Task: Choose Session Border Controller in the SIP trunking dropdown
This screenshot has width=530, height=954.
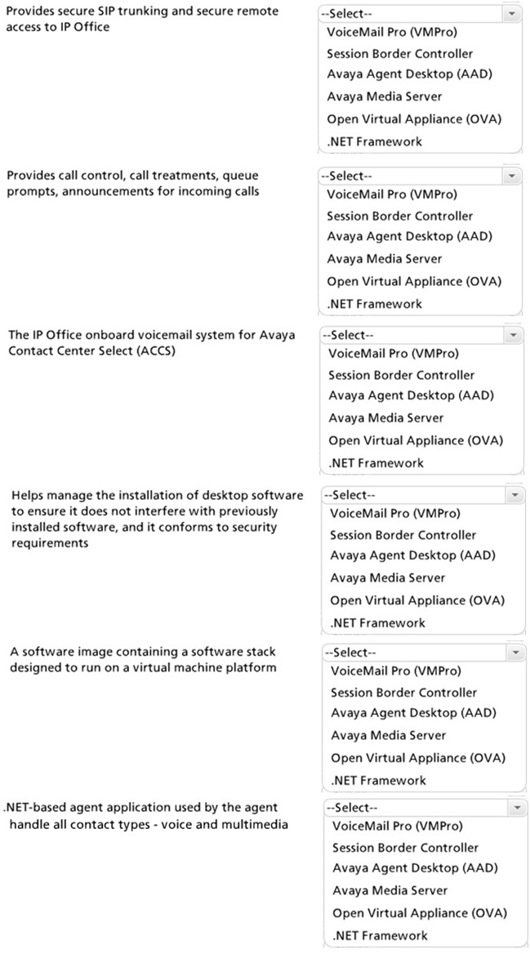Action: [399, 54]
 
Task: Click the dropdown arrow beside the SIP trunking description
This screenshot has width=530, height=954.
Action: [511, 15]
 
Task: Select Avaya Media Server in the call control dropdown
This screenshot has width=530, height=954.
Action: [384, 259]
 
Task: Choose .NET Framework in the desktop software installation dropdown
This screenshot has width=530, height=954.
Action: [376, 622]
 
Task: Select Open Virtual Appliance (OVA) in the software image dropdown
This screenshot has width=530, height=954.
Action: [417, 757]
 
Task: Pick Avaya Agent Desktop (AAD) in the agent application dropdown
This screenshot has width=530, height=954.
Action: [413, 868]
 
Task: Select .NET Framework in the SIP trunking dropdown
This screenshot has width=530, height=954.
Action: [374, 141]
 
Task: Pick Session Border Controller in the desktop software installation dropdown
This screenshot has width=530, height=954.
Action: [403, 535]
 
